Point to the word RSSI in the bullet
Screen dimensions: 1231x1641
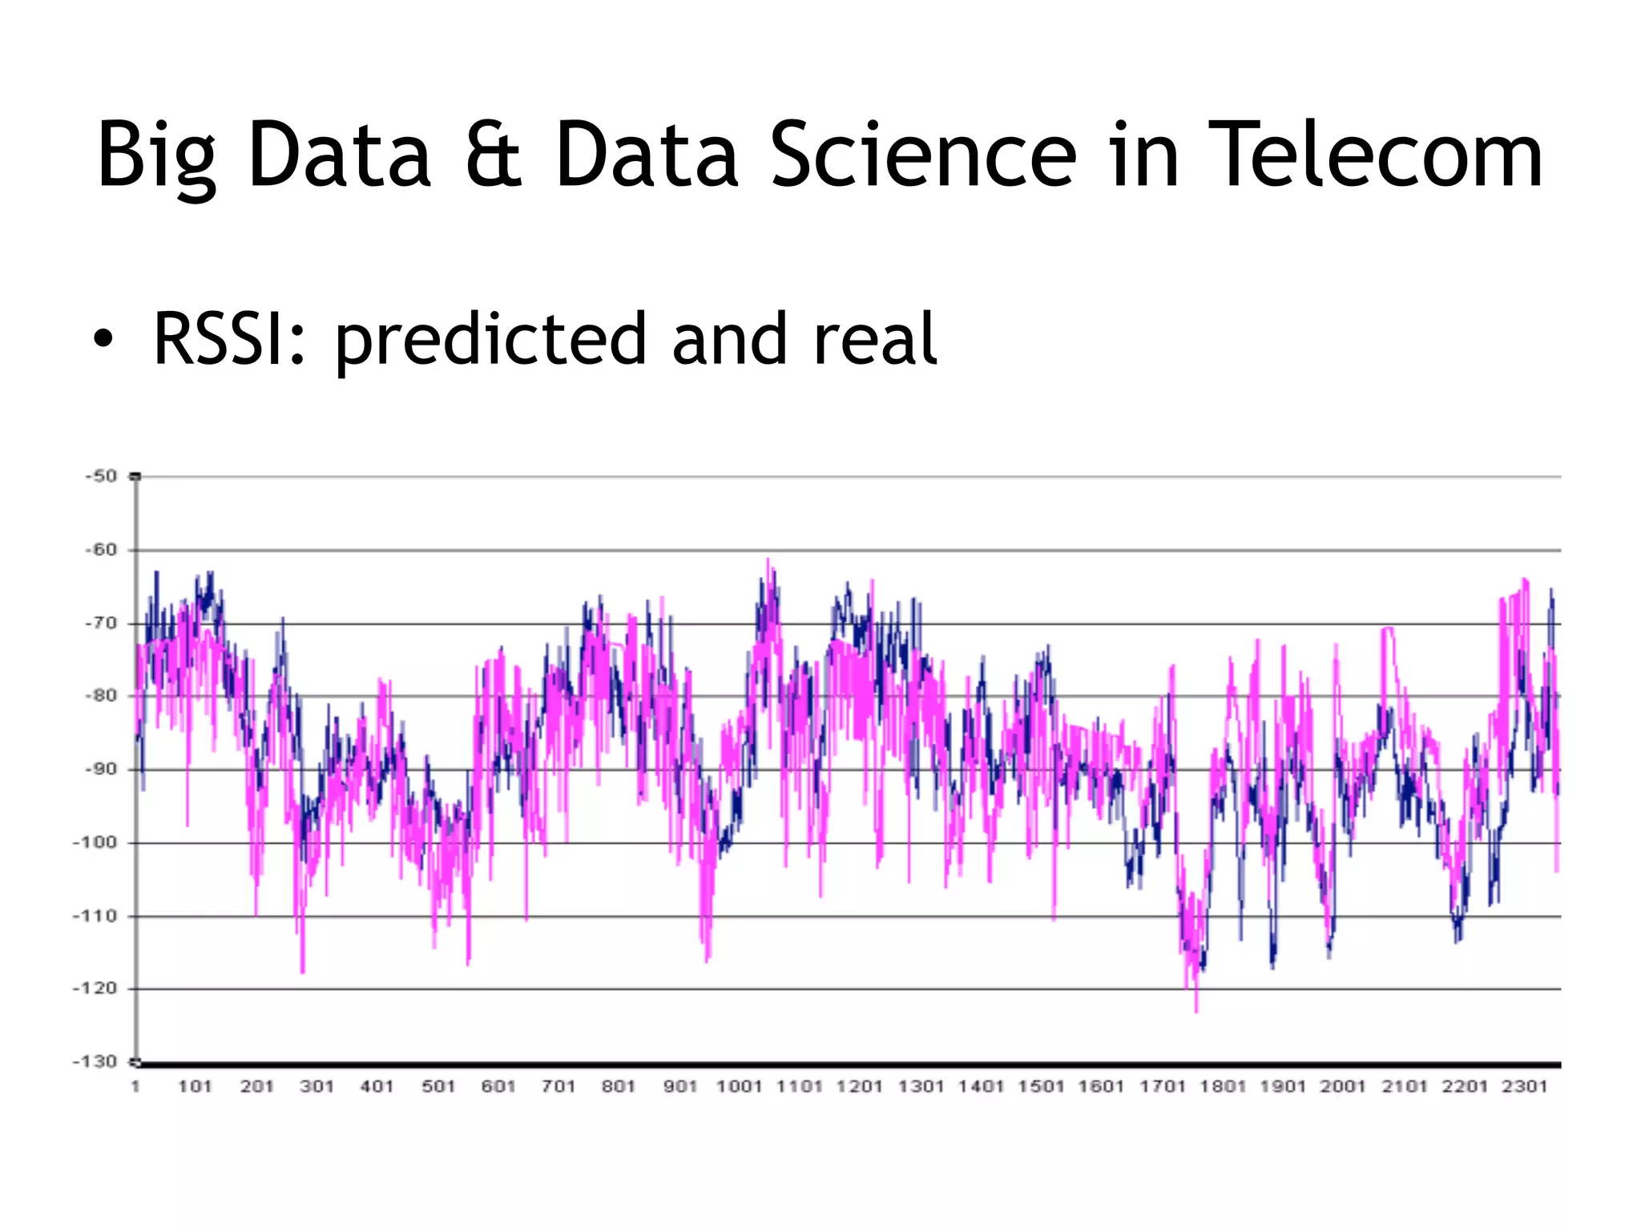[229, 340]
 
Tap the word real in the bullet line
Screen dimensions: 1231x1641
[874, 340]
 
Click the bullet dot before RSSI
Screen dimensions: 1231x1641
[103, 340]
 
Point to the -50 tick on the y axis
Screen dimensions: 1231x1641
[102, 476]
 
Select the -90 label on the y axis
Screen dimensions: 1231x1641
[102, 769]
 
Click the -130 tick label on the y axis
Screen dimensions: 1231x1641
[96, 1062]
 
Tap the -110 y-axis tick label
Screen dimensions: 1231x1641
[96, 915]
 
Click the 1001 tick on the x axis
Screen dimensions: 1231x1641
[739, 1087]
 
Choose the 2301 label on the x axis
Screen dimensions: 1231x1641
[1524, 1087]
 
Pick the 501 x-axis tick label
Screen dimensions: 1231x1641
[438, 1087]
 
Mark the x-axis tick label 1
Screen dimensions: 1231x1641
[135, 1087]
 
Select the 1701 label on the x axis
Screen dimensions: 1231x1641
[1162, 1087]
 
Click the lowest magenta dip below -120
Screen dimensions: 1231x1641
[1196, 1010]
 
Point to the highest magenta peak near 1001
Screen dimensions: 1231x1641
[768, 560]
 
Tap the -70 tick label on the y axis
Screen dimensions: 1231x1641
[102, 623]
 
